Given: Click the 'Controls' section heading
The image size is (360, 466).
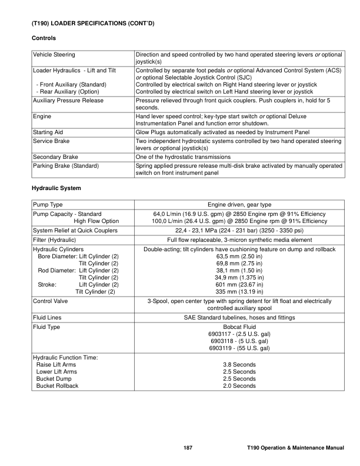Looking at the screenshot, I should [x=43, y=38].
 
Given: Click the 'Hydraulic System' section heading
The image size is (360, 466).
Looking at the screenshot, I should [x=56, y=188].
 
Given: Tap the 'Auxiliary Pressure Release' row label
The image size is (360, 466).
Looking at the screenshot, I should [x=68, y=101].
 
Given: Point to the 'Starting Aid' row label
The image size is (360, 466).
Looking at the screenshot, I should [x=48, y=132].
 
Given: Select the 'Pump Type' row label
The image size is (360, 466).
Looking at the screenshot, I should [x=48, y=204].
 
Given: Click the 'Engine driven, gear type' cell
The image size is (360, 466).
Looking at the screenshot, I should [x=239, y=204].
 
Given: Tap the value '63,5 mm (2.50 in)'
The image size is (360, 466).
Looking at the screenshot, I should [x=239, y=257].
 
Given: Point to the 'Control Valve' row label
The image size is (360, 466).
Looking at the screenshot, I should [x=52, y=301].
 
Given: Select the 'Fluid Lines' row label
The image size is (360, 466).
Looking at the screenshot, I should [x=48, y=318].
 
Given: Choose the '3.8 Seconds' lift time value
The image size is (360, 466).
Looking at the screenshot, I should [x=239, y=365].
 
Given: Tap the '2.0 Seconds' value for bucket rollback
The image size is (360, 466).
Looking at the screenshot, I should [x=239, y=386].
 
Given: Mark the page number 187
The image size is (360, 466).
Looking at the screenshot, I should [x=188, y=450].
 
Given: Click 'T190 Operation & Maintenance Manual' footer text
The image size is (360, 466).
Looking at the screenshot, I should [x=295, y=450].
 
